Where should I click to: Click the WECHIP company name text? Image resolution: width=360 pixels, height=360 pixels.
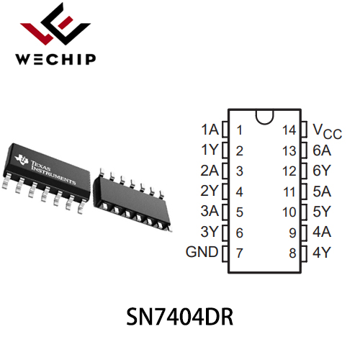click(x=55, y=59)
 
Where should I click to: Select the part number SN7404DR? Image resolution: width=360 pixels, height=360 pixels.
click(x=180, y=317)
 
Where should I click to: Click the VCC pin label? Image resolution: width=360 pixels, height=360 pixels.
click(x=328, y=131)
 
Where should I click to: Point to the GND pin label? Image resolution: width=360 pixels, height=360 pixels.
click(x=202, y=252)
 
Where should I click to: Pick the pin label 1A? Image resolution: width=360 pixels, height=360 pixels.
click(x=210, y=130)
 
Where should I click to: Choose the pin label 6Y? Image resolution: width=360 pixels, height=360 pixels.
click(x=322, y=171)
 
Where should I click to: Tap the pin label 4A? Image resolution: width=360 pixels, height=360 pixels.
click(x=322, y=232)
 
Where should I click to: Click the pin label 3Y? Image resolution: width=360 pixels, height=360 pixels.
click(x=210, y=232)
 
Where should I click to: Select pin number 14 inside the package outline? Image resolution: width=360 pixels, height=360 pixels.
click(x=289, y=130)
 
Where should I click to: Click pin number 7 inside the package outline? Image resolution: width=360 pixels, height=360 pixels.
click(x=240, y=253)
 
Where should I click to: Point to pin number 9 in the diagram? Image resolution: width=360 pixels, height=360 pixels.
click(x=292, y=233)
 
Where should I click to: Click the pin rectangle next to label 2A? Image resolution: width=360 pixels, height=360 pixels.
click(x=225, y=171)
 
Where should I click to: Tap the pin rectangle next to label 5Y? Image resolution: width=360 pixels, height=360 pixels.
click(x=304, y=212)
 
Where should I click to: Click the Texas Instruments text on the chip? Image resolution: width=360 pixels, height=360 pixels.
click(x=53, y=172)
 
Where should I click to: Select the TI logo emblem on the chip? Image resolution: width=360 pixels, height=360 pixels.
click(x=22, y=160)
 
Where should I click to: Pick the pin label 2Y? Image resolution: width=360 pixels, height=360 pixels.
click(x=210, y=191)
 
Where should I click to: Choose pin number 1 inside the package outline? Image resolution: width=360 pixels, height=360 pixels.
click(x=239, y=130)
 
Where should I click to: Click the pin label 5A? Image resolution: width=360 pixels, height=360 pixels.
click(x=322, y=192)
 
